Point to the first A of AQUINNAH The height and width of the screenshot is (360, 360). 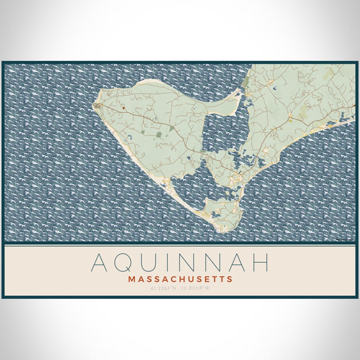click(100, 263)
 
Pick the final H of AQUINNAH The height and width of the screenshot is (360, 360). click(259, 263)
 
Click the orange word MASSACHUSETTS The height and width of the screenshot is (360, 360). click(180, 279)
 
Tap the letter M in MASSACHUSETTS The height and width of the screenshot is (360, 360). click(131, 279)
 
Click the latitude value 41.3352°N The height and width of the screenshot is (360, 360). click(163, 289)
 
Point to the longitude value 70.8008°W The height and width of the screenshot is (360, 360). click(197, 289)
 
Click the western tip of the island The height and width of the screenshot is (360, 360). click(95, 106)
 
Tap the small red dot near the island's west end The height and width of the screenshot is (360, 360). click(122, 109)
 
